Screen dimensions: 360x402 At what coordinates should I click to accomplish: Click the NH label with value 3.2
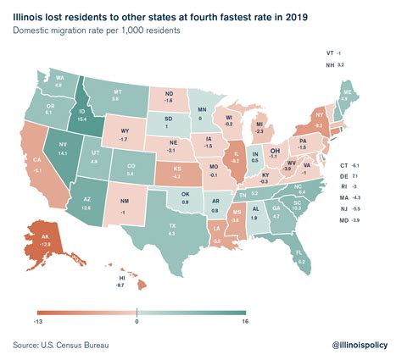point(331,64)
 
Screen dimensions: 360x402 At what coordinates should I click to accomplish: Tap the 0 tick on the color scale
point(137,321)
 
